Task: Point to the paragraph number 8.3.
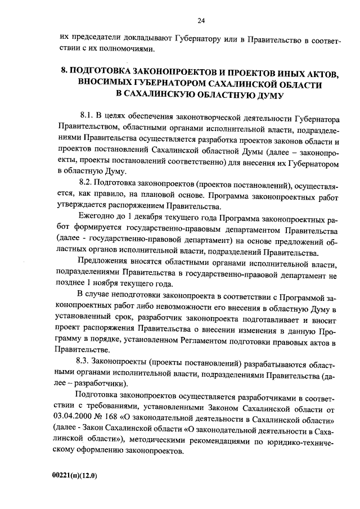[x=85, y=362]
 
